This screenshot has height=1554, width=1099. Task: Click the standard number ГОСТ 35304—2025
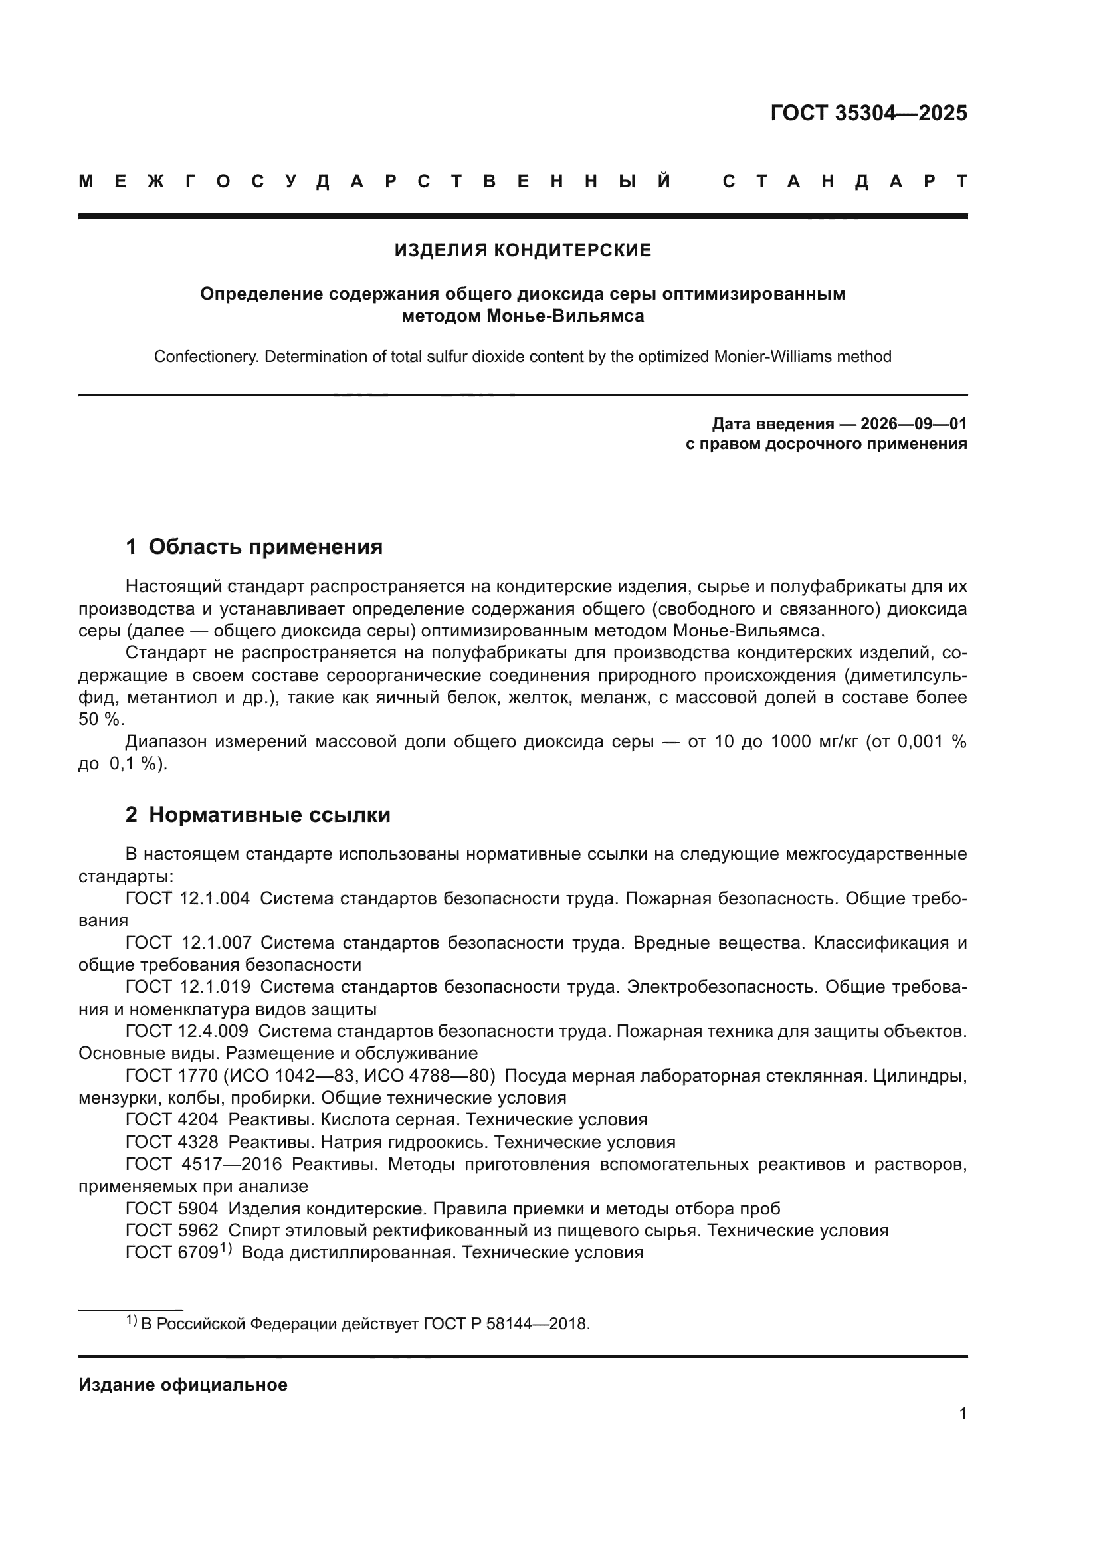coord(868,113)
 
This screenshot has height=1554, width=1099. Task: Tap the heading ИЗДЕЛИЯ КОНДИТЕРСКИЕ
coord(522,251)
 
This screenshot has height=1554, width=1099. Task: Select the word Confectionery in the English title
coord(207,357)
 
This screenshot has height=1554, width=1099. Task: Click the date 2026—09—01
coord(913,425)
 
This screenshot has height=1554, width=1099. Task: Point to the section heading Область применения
coord(265,547)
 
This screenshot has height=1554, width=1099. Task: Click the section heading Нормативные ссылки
coord(269,815)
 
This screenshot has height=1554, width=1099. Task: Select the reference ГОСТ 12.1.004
coord(187,899)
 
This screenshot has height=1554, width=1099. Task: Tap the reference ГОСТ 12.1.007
coord(188,943)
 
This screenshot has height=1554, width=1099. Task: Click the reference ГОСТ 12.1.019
coord(187,987)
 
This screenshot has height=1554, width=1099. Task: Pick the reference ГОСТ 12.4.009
coord(187,1031)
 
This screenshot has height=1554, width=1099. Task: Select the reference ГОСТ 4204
coord(171,1119)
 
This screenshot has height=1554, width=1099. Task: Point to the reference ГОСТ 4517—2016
coord(203,1164)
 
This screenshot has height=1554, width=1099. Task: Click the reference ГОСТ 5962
coord(171,1230)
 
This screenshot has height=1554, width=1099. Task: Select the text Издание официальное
coord(183,1384)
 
